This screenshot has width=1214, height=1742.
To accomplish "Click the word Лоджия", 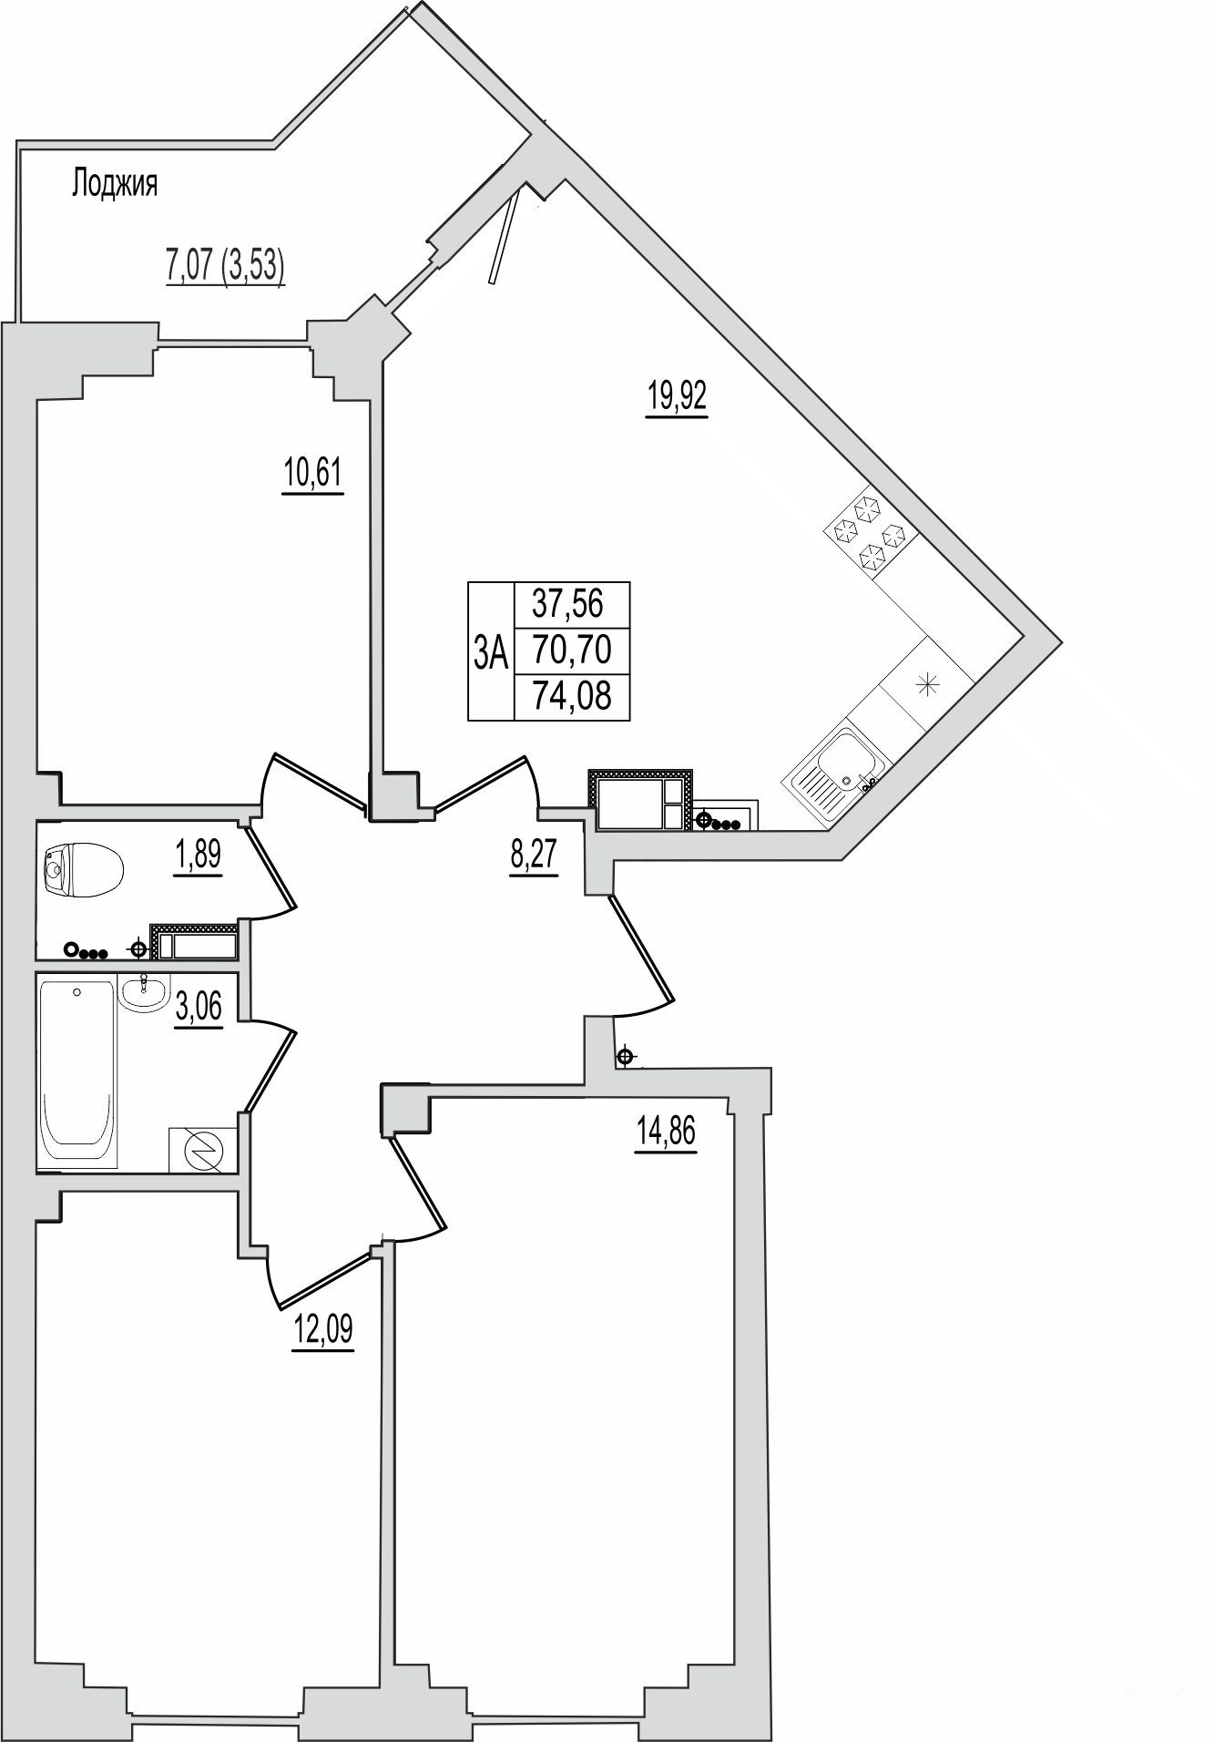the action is pos(114,185).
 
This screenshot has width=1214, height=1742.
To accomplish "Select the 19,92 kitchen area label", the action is pos(677,398).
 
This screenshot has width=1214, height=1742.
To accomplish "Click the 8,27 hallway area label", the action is pos(534,857).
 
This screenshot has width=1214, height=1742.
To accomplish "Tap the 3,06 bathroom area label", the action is pos(198,1009).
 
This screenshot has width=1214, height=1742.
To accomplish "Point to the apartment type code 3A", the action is pos(491,652).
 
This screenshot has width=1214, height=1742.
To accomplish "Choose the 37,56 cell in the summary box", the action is pos(572,603).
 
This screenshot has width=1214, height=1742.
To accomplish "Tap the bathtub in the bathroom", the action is pos(79,1071).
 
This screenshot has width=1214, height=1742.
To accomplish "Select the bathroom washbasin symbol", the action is pos(144,992).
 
